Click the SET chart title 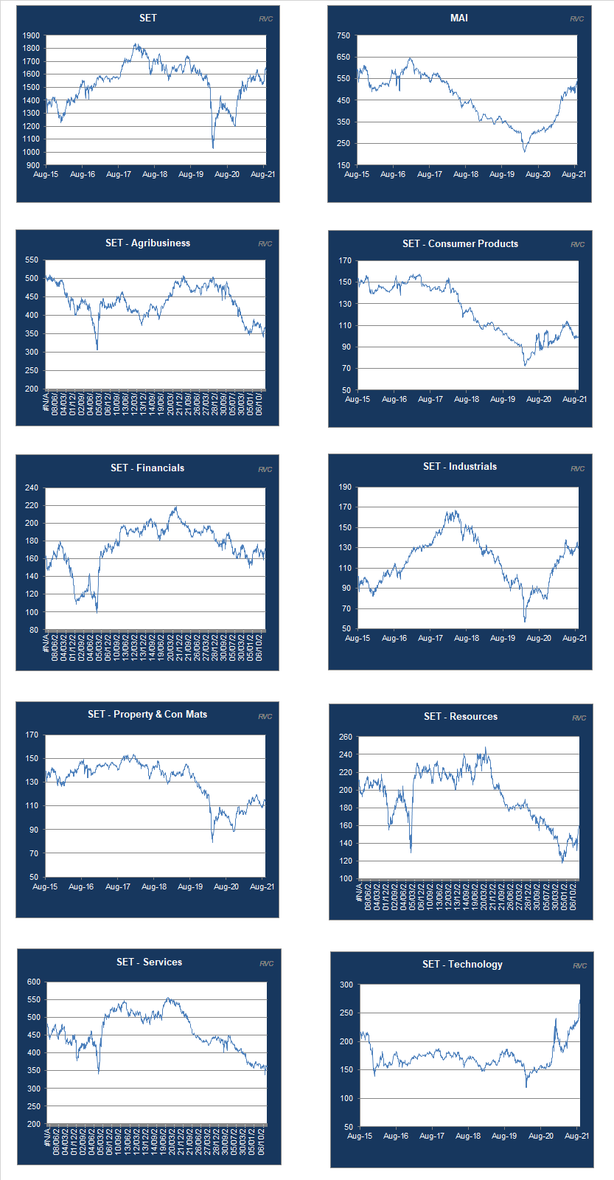tap(147, 18)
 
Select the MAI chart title tap(458, 18)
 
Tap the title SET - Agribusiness tap(147, 243)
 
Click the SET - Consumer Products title tap(460, 243)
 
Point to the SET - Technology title tap(462, 964)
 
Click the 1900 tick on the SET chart tap(31, 35)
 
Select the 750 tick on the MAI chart tap(343, 35)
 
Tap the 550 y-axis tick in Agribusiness tap(31, 260)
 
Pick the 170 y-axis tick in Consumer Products tap(344, 260)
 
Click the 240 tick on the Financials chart tap(31, 487)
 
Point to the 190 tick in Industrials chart tap(344, 487)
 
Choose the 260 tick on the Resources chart tap(345, 737)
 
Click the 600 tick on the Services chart tap(33, 982)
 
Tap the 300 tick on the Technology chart tap(346, 985)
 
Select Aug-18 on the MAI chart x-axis tap(465, 175)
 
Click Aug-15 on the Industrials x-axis tap(357, 639)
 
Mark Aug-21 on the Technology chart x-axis tap(576, 1136)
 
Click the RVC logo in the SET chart tap(265, 18)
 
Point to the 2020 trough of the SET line tap(213, 147)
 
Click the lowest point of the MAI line tap(525, 151)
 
